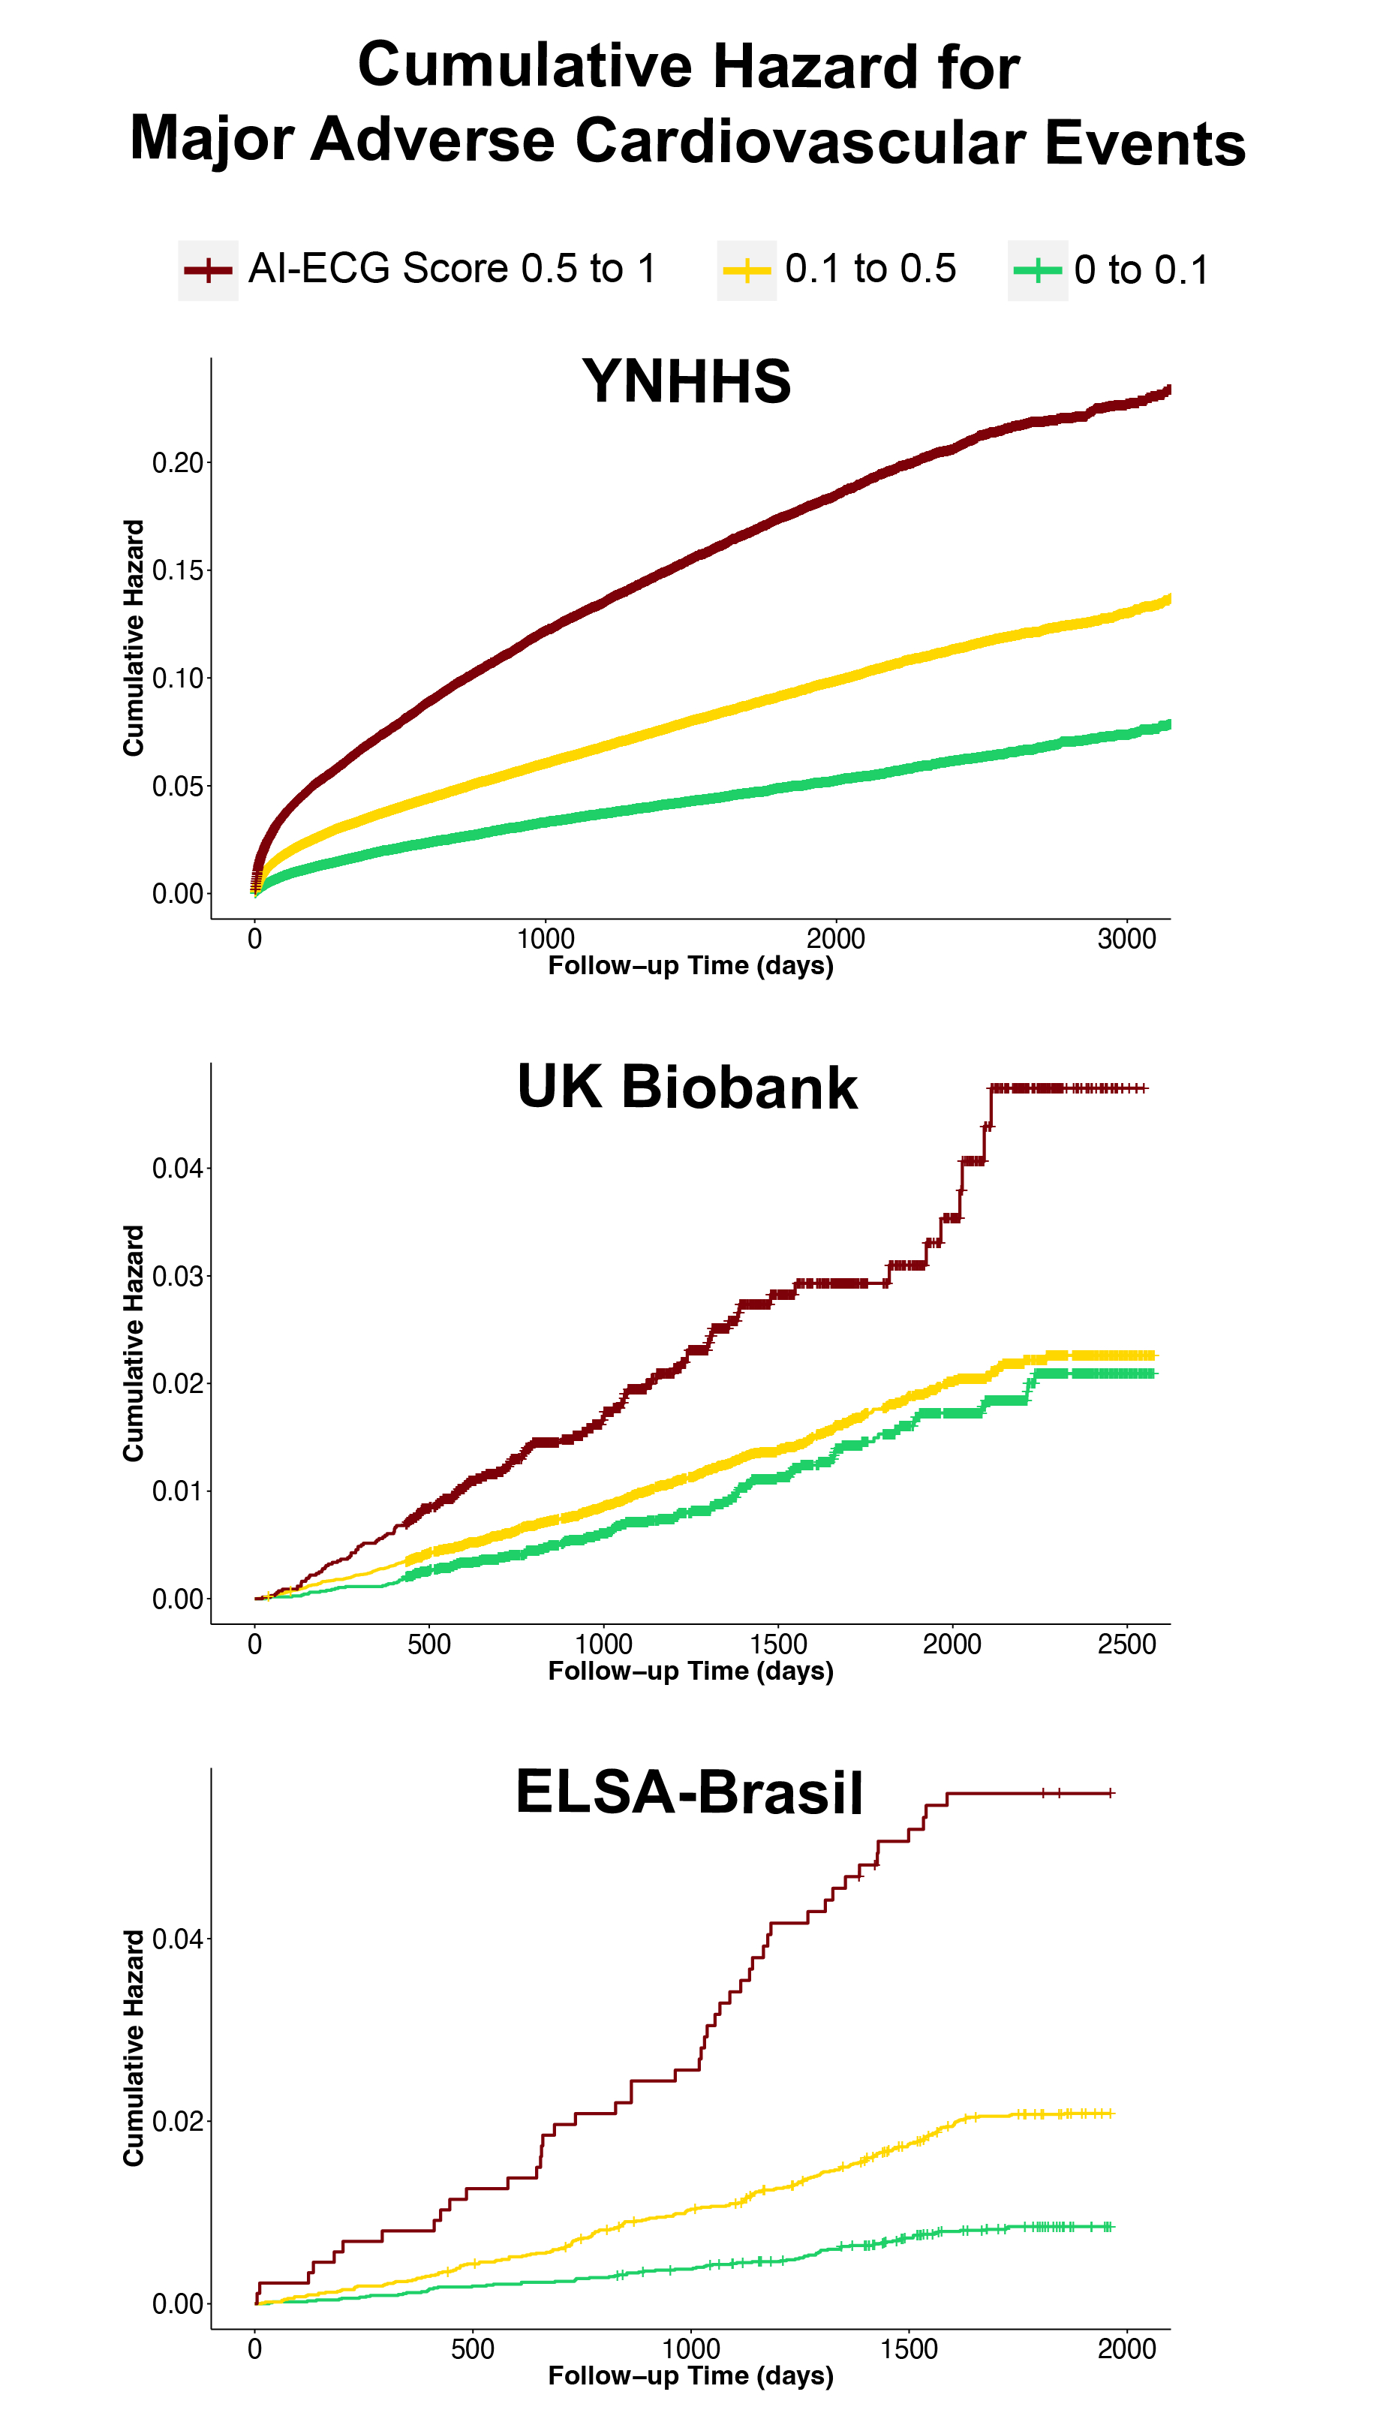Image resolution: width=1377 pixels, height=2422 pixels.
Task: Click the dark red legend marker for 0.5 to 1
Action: click(x=208, y=270)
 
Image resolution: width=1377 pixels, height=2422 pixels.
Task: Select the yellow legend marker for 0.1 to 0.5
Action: click(x=746, y=270)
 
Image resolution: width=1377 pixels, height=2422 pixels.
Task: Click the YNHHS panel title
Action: click(x=687, y=381)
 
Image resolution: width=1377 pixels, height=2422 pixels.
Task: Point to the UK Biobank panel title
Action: click(x=687, y=1087)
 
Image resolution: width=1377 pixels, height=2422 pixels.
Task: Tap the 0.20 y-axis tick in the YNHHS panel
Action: click(x=178, y=463)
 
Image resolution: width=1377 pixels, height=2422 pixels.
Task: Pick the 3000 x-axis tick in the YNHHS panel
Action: click(x=1126, y=939)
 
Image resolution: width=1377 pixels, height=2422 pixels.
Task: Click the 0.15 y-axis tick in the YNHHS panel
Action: click(x=178, y=570)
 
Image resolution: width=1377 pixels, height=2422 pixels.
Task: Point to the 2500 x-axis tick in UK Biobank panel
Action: click(x=1126, y=1644)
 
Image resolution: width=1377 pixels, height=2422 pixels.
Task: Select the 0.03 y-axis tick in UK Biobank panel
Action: click(x=178, y=1276)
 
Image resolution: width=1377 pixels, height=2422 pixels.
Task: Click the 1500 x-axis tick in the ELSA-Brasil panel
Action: click(x=909, y=2348)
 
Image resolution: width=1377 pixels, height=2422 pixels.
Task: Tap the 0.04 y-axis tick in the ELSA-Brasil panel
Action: click(x=178, y=1939)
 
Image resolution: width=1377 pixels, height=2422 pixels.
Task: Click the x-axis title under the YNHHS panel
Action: click(x=690, y=966)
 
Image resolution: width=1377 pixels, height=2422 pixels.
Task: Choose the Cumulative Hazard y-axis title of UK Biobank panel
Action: click(x=134, y=1343)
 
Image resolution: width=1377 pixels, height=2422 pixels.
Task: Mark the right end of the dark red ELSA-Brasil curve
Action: click(x=1113, y=1793)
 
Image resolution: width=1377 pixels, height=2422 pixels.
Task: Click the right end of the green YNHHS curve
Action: click(x=1169, y=724)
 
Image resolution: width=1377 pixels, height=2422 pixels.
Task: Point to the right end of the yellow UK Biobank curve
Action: click(x=1154, y=1355)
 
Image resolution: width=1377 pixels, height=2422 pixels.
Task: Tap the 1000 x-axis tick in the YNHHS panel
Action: click(x=546, y=939)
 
